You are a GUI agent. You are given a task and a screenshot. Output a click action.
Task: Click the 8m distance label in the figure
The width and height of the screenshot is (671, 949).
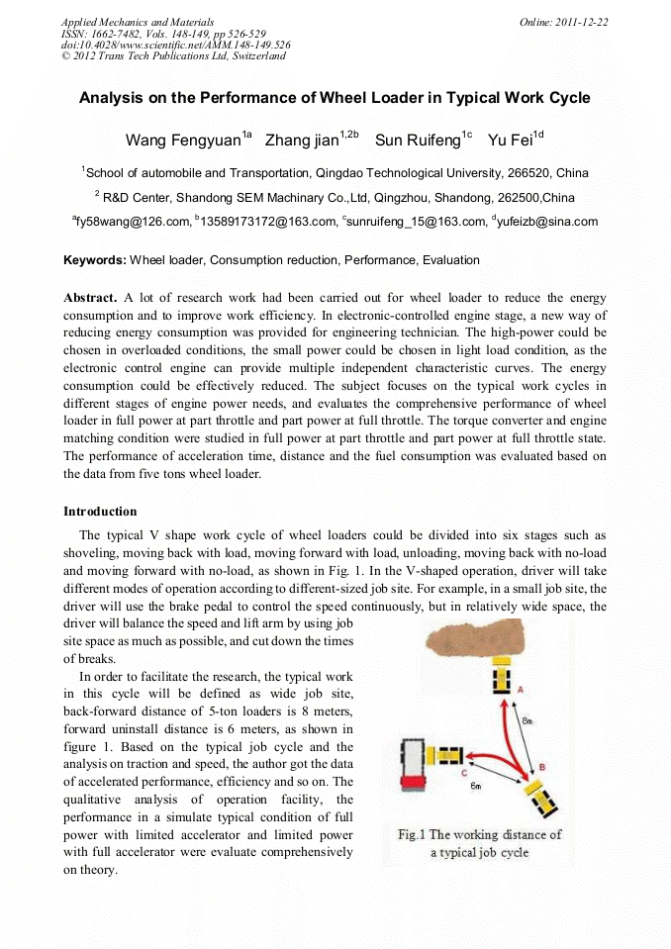tap(527, 721)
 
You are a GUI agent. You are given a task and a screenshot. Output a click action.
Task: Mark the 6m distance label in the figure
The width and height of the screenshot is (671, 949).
tap(476, 786)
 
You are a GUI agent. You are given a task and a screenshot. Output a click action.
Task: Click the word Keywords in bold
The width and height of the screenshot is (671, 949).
tap(94, 260)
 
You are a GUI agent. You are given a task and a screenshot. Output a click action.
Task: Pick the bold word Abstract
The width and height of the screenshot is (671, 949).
tap(90, 298)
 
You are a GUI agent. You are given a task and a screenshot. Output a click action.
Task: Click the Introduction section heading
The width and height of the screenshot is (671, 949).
tap(100, 512)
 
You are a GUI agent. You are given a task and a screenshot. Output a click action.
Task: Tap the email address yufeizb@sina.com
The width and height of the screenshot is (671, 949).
tap(548, 223)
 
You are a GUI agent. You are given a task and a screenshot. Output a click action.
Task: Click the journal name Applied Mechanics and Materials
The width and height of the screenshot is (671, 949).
tap(137, 22)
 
